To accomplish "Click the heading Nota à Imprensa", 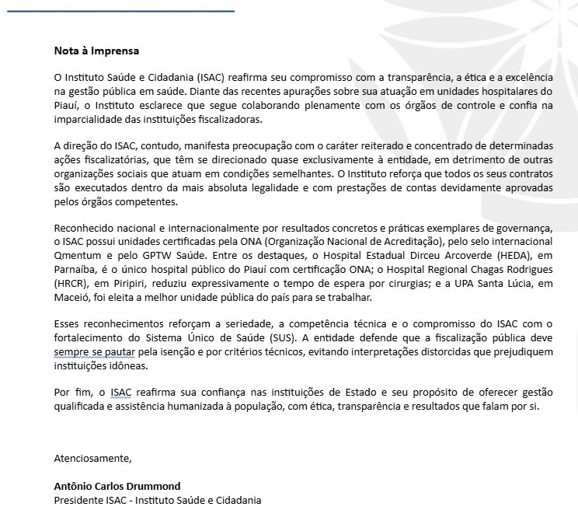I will tap(96, 51).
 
